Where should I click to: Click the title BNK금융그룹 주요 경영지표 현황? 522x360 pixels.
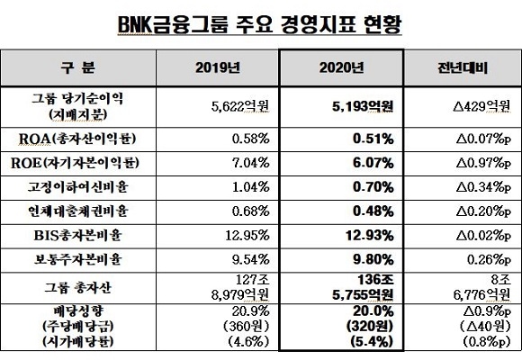(260, 25)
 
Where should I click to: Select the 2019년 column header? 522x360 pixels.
(218, 67)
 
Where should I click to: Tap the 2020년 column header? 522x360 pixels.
(342, 67)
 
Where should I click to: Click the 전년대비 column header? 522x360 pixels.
(463, 67)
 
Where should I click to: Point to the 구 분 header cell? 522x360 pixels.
(78, 67)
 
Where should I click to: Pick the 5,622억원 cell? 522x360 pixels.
(240, 106)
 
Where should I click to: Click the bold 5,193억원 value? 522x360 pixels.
(363, 106)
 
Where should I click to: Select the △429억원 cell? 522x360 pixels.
(481, 106)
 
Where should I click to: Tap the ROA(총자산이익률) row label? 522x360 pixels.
(77, 139)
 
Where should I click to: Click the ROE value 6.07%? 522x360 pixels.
(373, 163)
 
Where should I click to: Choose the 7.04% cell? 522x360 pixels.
(251, 163)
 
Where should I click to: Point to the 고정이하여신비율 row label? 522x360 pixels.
(78, 187)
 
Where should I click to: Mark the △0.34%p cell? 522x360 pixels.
(483, 187)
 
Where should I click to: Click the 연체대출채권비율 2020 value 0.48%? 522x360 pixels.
(373, 211)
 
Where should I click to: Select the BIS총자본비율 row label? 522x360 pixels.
(78, 236)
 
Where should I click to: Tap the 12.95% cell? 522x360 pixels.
(247, 236)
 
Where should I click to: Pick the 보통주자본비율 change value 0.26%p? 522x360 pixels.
(489, 260)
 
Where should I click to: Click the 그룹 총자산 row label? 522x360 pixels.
(78, 288)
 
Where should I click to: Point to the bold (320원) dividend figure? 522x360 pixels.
(370, 327)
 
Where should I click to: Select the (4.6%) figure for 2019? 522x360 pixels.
(248, 342)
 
